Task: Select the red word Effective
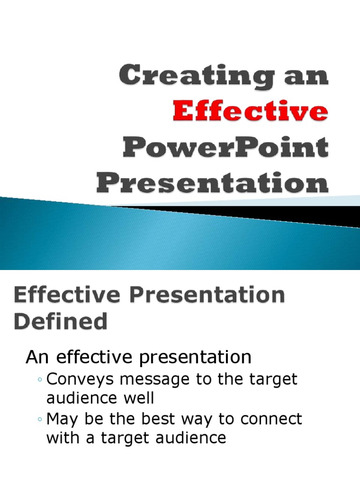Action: pos(250,112)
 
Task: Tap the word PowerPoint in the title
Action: pos(226,147)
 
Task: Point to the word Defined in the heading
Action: pos(60,322)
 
